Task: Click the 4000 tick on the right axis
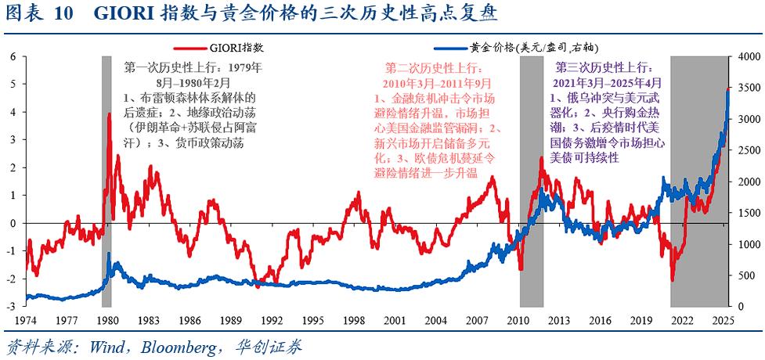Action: (x=747, y=57)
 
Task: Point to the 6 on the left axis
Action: (x=13, y=57)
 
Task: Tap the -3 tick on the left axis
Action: (x=12, y=306)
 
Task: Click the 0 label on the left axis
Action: (x=13, y=223)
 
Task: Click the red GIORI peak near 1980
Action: (x=109, y=115)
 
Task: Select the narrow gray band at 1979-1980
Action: (x=106, y=180)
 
